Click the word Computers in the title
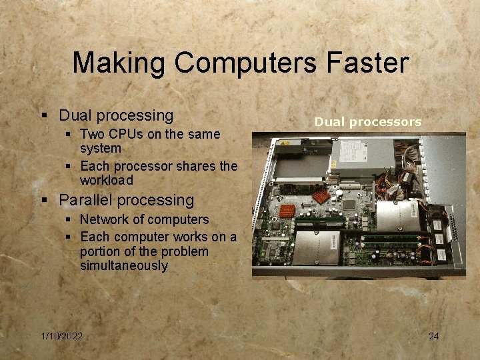[x=247, y=63]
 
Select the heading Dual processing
[x=116, y=115]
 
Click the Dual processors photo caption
[x=368, y=121]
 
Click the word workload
[x=107, y=180]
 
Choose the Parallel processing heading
[x=127, y=200]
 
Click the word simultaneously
[x=124, y=265]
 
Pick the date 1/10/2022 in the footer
[x=61, y=336]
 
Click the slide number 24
[x=433, y=336]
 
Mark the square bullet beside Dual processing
[x=44, y=116]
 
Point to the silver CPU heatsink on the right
[x=396, y=217]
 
